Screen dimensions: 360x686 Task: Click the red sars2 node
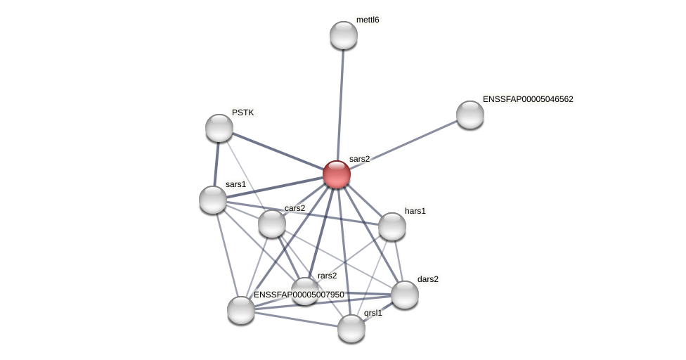click(337, 174)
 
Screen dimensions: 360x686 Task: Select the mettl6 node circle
click(344, 35)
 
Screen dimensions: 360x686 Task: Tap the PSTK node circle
click(219, 128)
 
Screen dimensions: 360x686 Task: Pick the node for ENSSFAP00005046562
click(470, 115)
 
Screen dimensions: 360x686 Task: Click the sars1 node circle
click(213, 200)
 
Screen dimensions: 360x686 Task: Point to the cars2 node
click(272, 224)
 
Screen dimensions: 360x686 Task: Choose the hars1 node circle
click(392, 226)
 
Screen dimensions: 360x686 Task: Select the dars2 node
click(405, 295)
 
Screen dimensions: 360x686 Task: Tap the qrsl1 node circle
click(351, 328)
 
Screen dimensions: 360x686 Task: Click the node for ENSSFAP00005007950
click(241, 310)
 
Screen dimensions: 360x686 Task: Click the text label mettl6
click(368, 20)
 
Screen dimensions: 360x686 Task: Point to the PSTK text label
click(243, 112)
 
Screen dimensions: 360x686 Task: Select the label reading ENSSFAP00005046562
click(528, 99)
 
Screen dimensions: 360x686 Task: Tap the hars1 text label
click(415, 211)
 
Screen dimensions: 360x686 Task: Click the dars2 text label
click(428, 279)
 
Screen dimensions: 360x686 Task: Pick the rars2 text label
click(327, 276)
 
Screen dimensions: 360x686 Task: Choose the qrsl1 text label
click(373, 313)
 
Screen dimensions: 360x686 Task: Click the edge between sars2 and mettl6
click(340, 105)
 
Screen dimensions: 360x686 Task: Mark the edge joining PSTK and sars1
click(216, 164)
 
